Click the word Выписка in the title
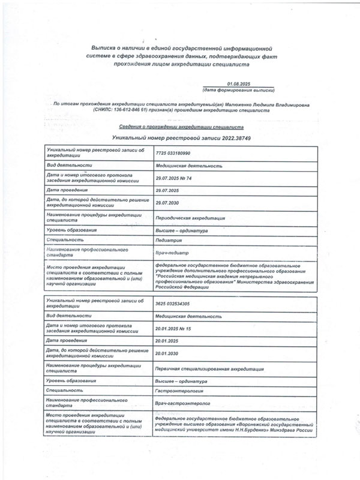tap(103, 46)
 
